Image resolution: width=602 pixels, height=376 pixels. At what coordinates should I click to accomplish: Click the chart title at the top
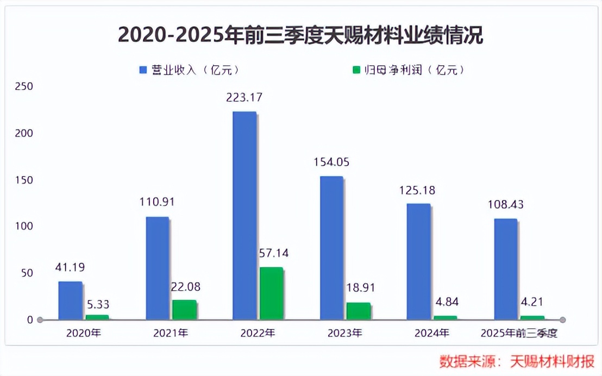coord(300,35)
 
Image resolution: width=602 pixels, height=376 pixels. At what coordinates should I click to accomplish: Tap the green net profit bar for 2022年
coord(271,293)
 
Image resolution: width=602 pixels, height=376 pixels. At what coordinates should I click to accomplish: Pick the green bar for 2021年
coord(184,309)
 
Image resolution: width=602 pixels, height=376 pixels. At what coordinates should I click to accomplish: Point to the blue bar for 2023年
coord(331,247)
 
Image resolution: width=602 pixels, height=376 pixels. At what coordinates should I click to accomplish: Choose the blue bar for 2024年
coord(418,261)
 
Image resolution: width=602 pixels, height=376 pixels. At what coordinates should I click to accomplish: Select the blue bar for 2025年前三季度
coord(505,269)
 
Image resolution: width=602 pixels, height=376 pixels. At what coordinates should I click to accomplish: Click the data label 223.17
coord(244,98)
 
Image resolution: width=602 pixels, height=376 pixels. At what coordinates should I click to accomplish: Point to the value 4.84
coord(446,302)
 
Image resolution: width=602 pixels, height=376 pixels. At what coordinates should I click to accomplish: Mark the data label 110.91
coord(158,203)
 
